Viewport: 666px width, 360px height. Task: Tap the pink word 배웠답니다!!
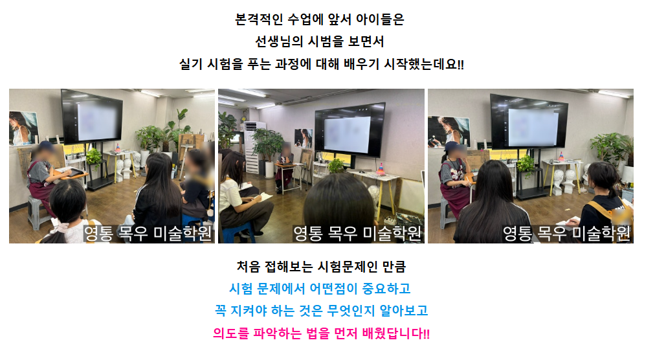(396, 333)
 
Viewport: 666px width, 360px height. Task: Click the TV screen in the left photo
(92, 117)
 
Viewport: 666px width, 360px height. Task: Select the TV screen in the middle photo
(350, 130)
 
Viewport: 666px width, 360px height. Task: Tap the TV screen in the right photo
(529, 122)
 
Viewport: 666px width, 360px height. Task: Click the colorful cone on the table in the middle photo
(381, 169)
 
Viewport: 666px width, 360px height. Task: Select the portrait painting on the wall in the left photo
(23, 128)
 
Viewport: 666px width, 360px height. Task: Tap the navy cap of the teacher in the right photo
(452, 146)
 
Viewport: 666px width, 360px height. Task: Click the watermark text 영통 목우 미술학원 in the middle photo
(357, 233)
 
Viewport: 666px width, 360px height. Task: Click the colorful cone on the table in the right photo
(561, 156)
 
